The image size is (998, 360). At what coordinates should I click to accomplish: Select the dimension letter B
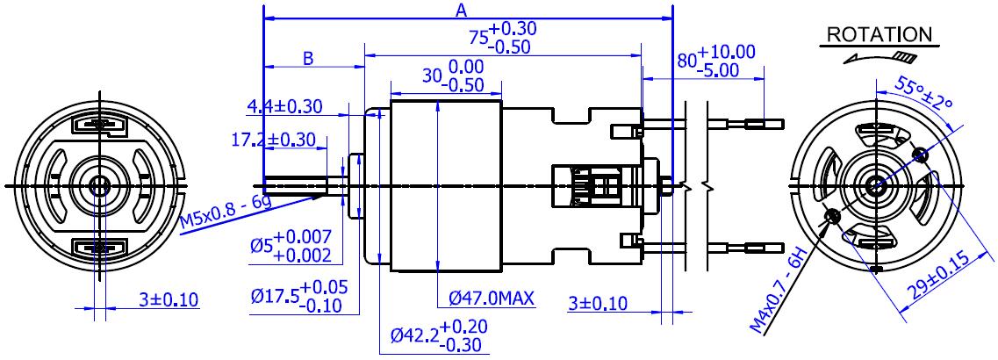(309, 59)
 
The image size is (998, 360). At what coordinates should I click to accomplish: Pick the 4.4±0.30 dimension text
(284, 107)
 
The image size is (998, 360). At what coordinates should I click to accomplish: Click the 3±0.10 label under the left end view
(169, 299)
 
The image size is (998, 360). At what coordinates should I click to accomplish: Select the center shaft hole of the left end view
(98, 185)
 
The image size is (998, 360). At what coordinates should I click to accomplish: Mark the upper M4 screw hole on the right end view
(920, 156)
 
